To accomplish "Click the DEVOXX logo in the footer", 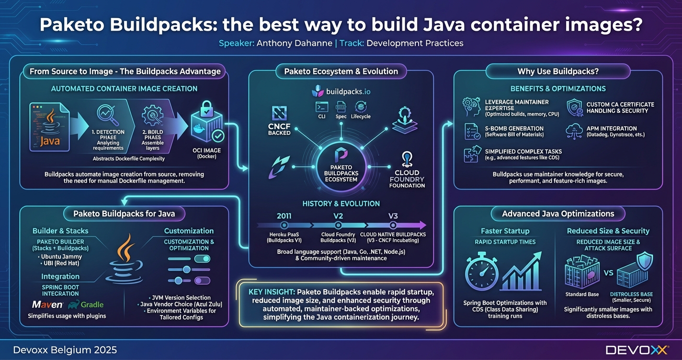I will pos(637,350).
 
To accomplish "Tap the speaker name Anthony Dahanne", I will pos(294,43).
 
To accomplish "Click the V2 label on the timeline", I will pos(338,216).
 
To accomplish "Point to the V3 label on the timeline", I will pos(393,216).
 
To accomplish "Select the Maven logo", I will pos(47,304).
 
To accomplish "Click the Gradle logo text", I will pos(91,304).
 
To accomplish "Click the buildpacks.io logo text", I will pos(348,91).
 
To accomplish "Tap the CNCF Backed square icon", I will pos(279,113).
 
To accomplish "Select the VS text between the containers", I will pos(608,273).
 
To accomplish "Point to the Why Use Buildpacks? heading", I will pos(557,71).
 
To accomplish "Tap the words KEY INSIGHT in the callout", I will pos(272,292).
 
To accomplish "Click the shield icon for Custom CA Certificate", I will pos(574,108).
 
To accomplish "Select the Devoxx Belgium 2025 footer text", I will pos(65,350).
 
